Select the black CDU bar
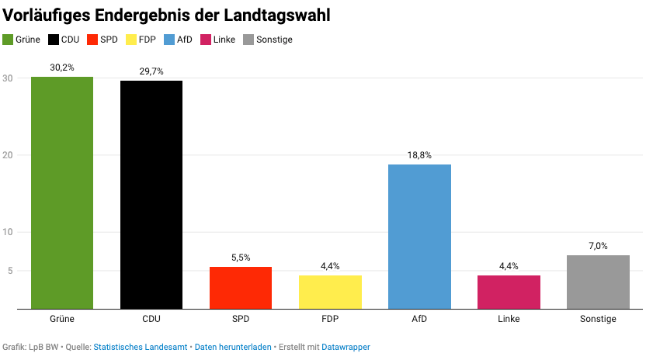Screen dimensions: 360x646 [x=151, y=195]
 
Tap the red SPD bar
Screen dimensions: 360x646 [x=241, y=288]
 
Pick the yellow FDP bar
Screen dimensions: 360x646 [x=330, y=292]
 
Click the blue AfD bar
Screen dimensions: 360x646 [x=419, y=237]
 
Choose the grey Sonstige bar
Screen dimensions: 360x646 [x=598, y=282]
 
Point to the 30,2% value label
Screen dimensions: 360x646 [x=62, y=68]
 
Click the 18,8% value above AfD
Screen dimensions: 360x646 [x=419, y=155]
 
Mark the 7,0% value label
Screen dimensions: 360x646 [x=598, y=246]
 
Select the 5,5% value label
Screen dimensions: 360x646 [x=241, y=258]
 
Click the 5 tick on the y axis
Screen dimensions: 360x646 [x=10, y=271]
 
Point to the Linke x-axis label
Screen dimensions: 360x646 [x=509, y=319]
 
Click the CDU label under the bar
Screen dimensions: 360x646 [x=151, y=319]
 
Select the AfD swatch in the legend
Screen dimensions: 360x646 [x=170, y=40]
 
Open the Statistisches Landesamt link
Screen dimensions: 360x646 [x=140, y=347]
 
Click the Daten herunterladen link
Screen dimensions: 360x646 [x=233, y=347]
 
